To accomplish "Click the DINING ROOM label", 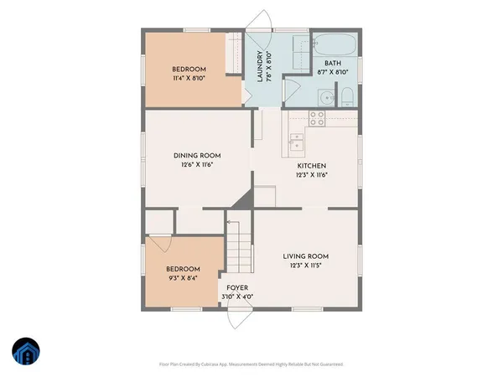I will click(197, 155).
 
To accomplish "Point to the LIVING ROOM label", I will click(305, 256).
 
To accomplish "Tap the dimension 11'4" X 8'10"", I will click(189, 78).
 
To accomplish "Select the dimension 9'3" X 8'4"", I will click(182, 278).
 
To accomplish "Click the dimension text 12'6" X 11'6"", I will click(197, 165).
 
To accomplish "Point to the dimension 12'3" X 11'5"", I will click(305, 266).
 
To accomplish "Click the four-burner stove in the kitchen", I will click(317, 118).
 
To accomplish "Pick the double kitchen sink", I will click(295, 142).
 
